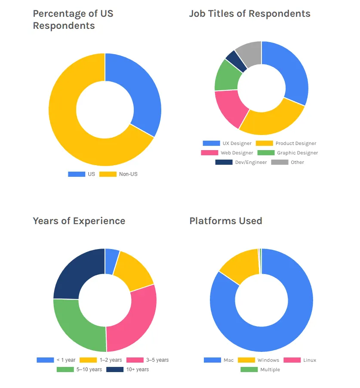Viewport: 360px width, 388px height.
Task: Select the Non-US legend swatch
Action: [108, 174]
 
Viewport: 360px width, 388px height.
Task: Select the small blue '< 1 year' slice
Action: [111, 261]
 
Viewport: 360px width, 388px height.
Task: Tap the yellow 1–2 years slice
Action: [133, 270]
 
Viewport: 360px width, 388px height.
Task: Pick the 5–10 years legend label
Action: [89, 370]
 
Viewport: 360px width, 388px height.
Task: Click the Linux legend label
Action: [309, 360]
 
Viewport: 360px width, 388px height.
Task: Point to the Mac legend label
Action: [228, 360]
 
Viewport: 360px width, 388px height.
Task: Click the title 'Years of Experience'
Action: [79, 221]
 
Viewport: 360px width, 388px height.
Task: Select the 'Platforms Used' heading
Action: [225, 221]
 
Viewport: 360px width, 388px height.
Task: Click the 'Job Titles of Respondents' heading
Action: [249, 13]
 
